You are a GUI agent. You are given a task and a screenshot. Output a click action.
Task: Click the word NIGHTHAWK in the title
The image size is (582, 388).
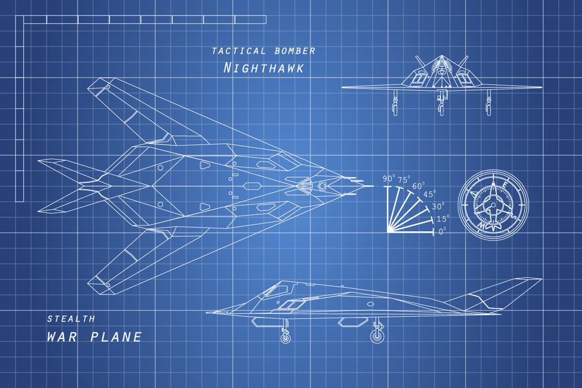click(263, 68)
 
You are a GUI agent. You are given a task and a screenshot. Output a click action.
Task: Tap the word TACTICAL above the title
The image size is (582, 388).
click(239, 51)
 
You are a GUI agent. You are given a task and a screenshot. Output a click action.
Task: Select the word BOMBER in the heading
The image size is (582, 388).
click(295, 51)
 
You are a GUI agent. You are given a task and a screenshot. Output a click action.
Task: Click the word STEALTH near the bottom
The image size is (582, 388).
click(71, 319)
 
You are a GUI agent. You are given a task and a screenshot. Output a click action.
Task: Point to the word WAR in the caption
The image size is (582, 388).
click(62, 337)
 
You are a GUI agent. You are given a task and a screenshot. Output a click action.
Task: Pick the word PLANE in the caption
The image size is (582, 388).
click(116, 337)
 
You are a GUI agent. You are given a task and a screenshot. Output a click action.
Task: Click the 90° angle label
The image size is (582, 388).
click(389, 179)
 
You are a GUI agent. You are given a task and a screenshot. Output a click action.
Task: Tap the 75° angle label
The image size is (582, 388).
click(404, 180)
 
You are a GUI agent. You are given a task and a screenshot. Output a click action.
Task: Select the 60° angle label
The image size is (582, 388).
click(418, 186)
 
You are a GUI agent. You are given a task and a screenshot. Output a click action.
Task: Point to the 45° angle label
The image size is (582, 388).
click(429, 194)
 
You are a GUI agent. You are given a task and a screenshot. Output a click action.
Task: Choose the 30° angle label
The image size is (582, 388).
click(438, 206)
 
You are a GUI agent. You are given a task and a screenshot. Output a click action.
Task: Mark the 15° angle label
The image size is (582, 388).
click(443, 219)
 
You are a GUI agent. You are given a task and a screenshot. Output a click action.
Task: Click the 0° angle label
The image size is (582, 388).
click(442, 231)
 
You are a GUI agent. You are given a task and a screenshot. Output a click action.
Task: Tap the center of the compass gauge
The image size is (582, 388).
click(493, 205)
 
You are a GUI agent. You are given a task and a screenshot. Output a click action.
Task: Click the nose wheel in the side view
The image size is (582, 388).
click(285, 338)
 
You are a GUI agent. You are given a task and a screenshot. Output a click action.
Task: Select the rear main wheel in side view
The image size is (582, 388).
click(378, 336)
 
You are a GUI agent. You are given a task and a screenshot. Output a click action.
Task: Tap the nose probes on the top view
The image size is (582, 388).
click(358, 186)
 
